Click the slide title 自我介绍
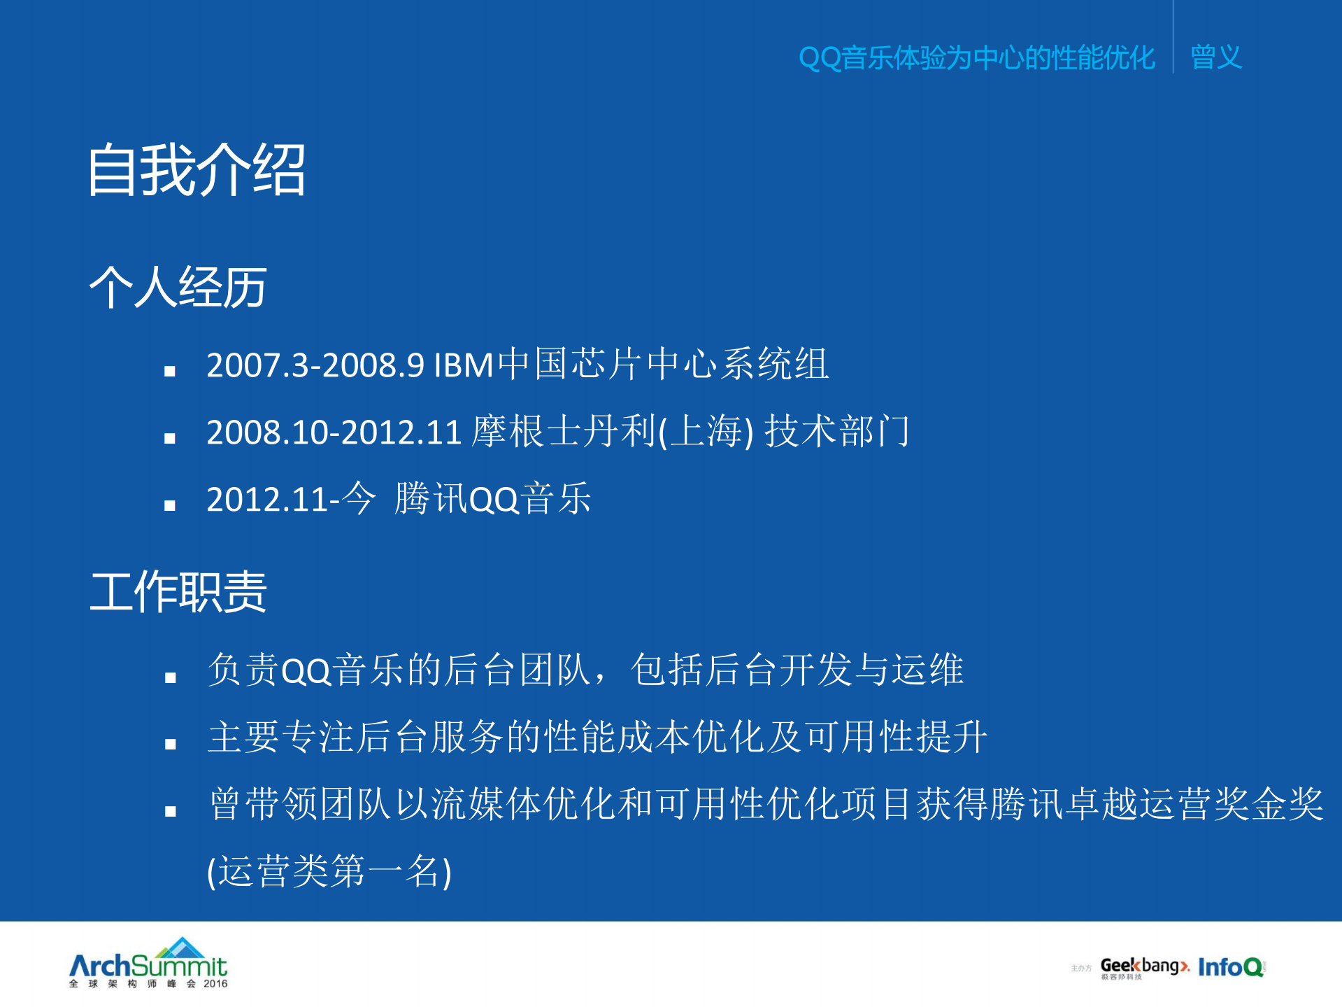(197, 170)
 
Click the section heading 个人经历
(178, 288)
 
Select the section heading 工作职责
(178, 592)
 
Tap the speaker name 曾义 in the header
(1215, 57)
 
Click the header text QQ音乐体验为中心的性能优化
(976, 57)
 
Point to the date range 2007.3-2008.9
(315, 365)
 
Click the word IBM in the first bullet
(464, 365)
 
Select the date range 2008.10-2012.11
(334, 432)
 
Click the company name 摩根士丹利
(564, 432)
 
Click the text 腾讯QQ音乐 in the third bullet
(492, 499)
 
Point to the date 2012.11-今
(290, 499)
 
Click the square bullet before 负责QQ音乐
(170, 677)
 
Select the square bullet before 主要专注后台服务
(170, 744)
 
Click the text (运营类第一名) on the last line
(329, 872)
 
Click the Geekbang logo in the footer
(1144, 966)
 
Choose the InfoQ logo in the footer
(1230, 967)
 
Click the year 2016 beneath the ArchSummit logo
(215, 984)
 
